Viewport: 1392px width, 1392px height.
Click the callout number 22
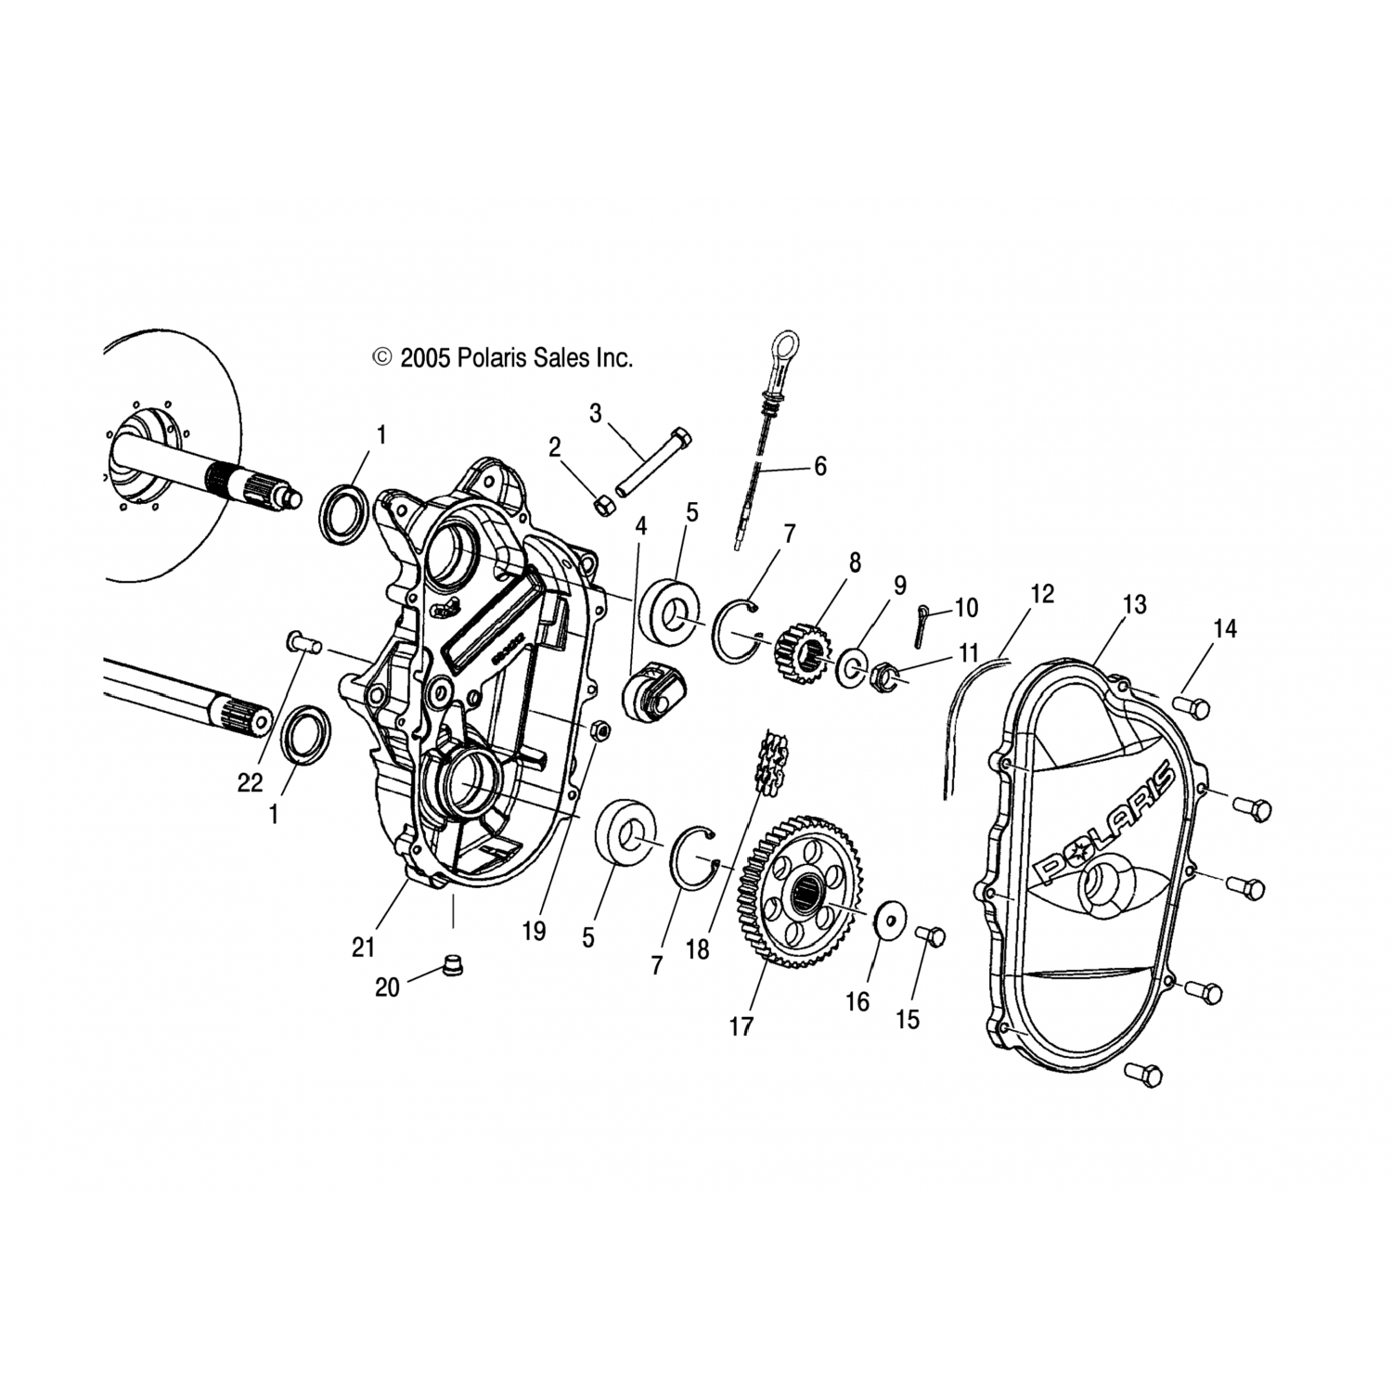[x=250, y=783]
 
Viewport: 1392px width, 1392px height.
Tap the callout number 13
[x=1134, y=605]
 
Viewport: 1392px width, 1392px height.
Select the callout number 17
[x=741, y=1025]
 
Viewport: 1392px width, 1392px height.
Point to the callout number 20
[x=387, y=988]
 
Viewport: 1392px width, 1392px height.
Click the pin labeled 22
[x=303, y=641]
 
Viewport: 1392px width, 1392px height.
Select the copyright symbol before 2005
[x=381, y=358]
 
